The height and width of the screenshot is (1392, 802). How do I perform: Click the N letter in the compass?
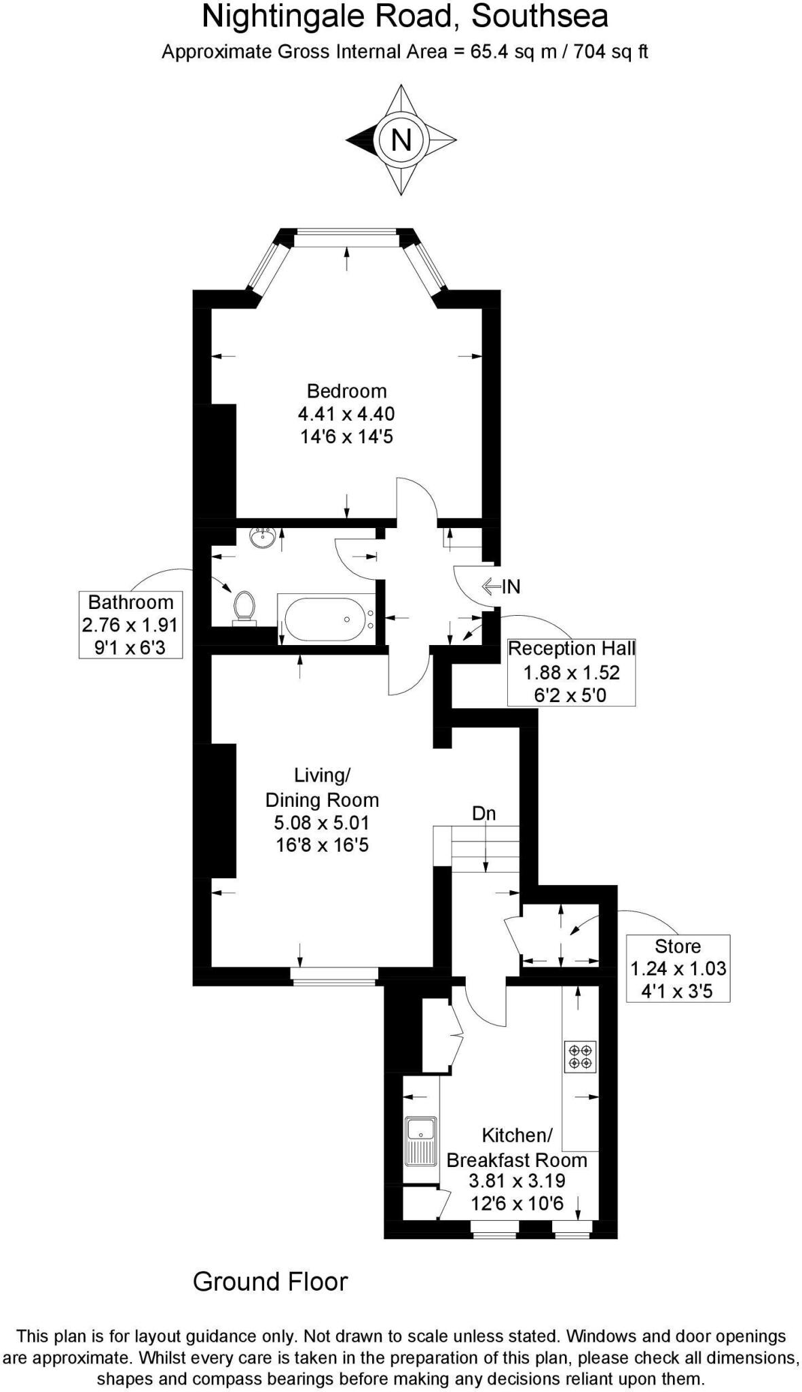401,140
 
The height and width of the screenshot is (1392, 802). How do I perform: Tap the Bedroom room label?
346,391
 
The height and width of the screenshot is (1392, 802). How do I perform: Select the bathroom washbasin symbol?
262,537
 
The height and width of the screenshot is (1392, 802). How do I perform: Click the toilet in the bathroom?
244,607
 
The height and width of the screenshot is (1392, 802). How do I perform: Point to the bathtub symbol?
325,619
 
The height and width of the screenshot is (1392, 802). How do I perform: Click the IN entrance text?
511,586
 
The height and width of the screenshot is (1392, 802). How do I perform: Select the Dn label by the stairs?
484,813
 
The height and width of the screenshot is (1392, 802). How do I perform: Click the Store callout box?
678,969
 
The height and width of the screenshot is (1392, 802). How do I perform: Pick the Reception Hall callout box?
571,672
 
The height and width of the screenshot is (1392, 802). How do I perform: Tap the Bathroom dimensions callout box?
130,625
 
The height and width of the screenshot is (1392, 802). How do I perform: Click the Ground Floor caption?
270,1281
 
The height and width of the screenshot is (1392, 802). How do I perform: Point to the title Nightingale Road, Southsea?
405,17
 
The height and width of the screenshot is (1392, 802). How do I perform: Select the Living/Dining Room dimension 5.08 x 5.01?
322,823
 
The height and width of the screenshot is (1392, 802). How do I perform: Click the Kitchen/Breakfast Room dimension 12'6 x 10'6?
517,1204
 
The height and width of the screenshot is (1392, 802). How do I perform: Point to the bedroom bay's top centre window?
347,237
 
